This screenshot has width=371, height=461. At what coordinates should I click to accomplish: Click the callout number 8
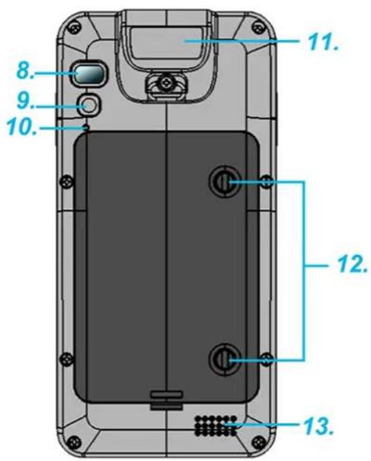click(25, 71)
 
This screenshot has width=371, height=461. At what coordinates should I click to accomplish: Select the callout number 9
click(25, 101)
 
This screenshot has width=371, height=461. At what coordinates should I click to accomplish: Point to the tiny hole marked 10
click(86, 128)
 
